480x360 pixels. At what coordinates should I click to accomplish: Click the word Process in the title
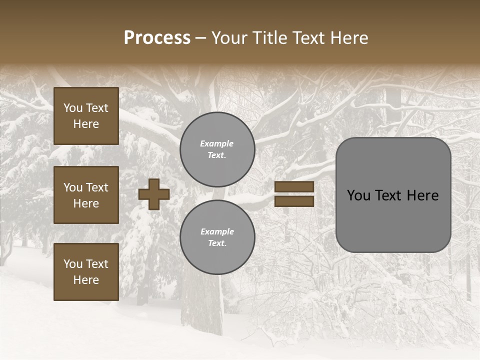(x=157, y=38)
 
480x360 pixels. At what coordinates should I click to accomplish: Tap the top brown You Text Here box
(x=86, y=116)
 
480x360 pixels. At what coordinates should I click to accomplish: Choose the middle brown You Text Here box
(x=86, y=195)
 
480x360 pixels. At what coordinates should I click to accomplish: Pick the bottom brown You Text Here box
(x=86, y=271)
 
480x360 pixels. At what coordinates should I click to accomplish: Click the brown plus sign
(x=154, y=194)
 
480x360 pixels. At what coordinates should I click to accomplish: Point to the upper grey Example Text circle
(x=217, y=149)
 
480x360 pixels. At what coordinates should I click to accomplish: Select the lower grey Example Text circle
(x=217, y=237)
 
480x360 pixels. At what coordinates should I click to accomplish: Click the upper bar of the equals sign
(x=294, y=187)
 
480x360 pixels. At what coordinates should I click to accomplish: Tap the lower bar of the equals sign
(x=294, y=201)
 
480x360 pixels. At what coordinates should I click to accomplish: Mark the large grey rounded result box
(x=393, y=195)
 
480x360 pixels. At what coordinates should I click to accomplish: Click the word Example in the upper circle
(x=217, y=143)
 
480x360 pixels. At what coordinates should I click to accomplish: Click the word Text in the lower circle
(x=216, y=243)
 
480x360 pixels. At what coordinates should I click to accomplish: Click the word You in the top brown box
(x=73, y=108)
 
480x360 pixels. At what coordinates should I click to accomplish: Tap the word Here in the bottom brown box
(x=86, y=280)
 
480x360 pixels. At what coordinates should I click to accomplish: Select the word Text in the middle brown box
(x=97, y=187)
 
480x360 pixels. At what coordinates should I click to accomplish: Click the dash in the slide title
(x=200, y=38)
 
